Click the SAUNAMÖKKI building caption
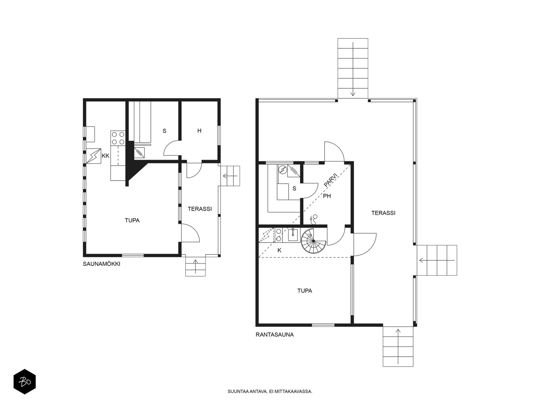pos(101,264)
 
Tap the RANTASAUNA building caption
pos(274,334)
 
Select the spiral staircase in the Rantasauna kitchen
pos(314,241)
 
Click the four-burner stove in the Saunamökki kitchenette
pos(118,138)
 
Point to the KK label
pos(106,156)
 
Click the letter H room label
pos(199,131)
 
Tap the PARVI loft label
pos(331,180)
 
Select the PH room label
pos(327,196)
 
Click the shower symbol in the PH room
pos(314,219)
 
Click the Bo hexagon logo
pos(25,382)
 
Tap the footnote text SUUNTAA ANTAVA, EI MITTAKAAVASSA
pos(270,391)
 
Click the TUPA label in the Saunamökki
pos(132,220)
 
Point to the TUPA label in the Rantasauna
pos(304,291)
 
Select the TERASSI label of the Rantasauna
pos(383,213)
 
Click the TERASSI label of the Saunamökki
pos(200,209)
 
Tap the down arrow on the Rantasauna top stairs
pos(353,69)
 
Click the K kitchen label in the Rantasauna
pos(279,250)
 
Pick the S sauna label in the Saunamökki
pos(165,131)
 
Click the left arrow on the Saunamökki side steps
pos(230,176)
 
